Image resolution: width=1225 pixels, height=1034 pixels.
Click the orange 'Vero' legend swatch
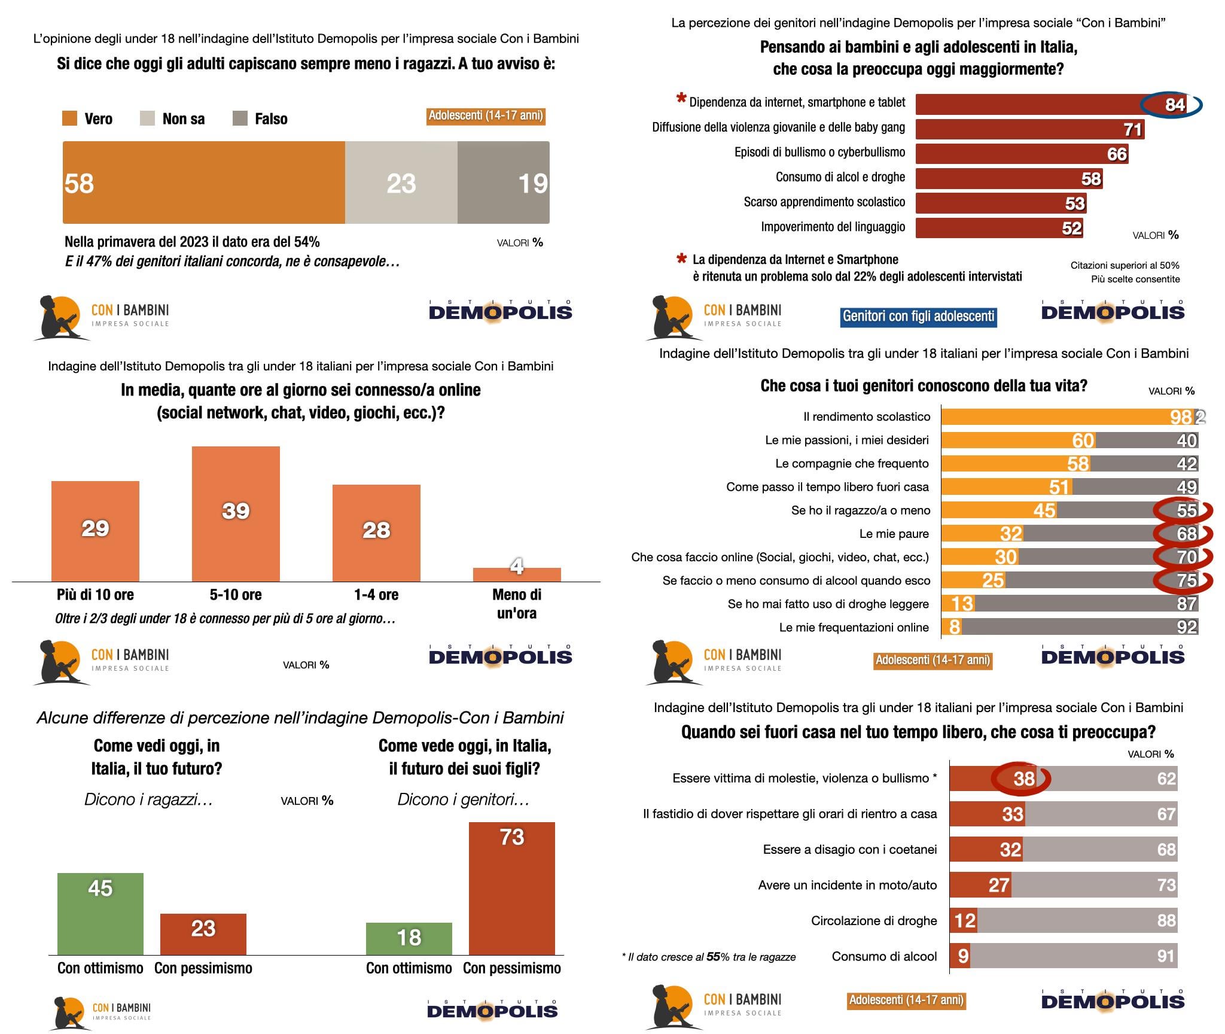click(x=69, y=118)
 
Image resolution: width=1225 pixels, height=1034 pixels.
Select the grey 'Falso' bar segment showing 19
click(x=503, y=183)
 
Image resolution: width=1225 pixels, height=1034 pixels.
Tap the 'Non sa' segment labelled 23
click(x=401, y=183)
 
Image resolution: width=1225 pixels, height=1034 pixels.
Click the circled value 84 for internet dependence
click(x=1173, y=105)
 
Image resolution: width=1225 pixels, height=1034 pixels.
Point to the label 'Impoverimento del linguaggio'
click(x=833, y=227)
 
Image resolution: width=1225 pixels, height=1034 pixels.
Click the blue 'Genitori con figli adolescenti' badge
click(x=918, y=316)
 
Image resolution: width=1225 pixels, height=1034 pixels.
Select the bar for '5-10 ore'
click(x=236, y=513)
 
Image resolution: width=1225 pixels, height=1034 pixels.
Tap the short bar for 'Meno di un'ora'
click(x=517, y=574)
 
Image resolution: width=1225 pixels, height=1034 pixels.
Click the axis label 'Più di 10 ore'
click(x=95, y=595)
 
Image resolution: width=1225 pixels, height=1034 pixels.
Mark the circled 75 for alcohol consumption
click(x=1186, y=580)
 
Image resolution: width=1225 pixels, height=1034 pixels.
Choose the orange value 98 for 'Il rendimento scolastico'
click(x=1181, y=416)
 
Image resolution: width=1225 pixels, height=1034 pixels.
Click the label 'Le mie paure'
click(x=894, y=534)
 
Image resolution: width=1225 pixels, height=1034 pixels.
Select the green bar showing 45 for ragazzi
click(x=100, y=913)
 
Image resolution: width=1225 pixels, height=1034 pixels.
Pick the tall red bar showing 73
click(x=512, y=888)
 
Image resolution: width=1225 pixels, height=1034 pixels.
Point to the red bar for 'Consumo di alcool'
click(x=959, y=956)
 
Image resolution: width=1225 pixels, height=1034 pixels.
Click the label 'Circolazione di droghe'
click(x=873, y=920)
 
